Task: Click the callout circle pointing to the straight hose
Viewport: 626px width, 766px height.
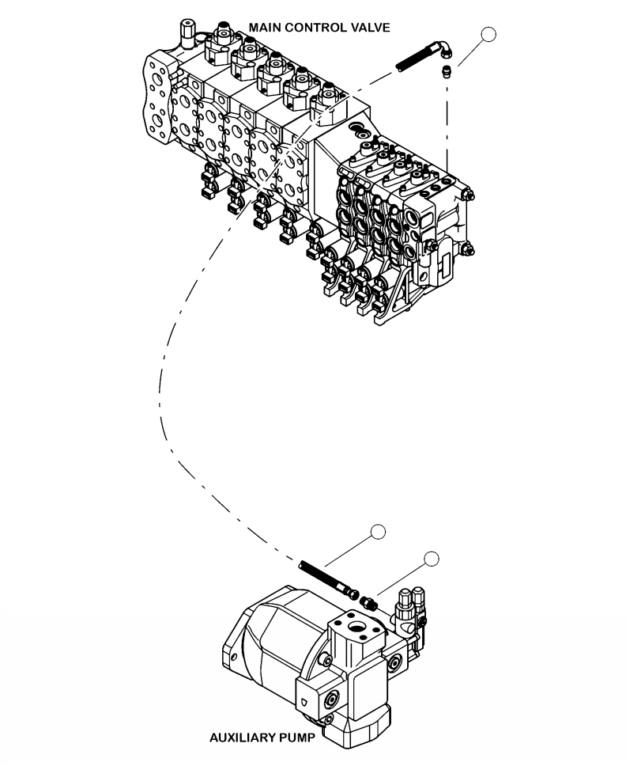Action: click(379, 532)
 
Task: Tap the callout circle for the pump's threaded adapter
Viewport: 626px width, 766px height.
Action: click(431, 559)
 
